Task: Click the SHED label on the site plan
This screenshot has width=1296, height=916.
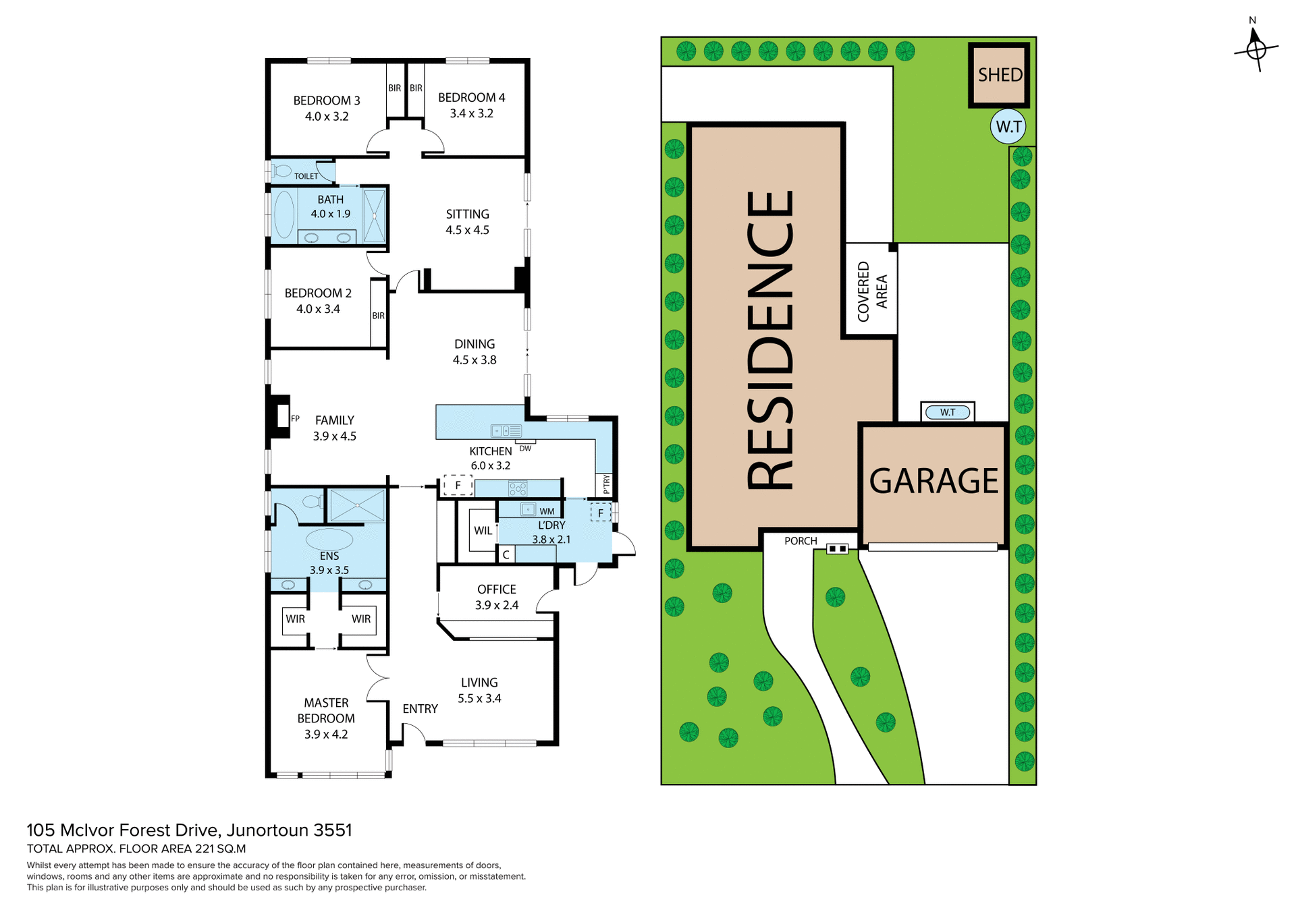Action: [x=1000, y=75]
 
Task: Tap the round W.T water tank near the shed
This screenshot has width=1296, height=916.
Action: [x=1008, y=127]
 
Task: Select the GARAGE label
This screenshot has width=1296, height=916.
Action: [x=934, y=481]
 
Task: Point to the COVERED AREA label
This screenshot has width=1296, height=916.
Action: [x=872, y=291]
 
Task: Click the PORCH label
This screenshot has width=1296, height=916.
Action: [x=801, y=541]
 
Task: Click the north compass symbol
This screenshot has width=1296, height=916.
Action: [x=1255, y=49]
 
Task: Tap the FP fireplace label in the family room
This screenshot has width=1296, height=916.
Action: [x=295, y=419]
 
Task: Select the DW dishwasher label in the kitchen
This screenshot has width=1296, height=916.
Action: [x=525, y=449]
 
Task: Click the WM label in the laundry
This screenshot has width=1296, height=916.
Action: [x=547, y=511]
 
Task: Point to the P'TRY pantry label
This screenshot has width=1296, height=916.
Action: [x=606, y=484]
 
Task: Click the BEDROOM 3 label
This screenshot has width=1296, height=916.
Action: [x=327, y=101]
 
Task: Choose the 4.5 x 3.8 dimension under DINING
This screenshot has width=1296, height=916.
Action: [x=475, y=360]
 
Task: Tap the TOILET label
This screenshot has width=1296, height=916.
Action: [x=306, y=176]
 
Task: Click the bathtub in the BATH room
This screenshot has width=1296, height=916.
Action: [x=284, y=214]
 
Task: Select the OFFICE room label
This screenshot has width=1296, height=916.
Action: [x=497, y=590]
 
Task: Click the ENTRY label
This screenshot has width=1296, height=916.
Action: [x=420, y=709]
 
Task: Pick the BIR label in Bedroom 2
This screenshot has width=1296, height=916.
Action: [x=378, y=316]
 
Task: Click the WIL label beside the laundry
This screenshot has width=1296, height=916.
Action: [x=483, y=531]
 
